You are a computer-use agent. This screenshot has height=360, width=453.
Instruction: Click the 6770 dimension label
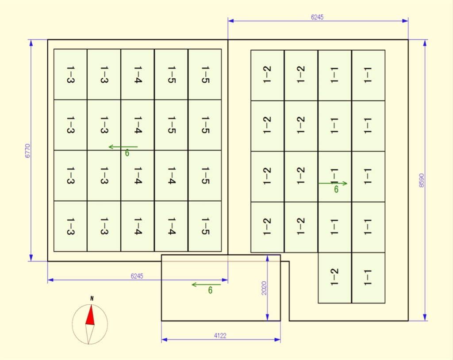[27, 150]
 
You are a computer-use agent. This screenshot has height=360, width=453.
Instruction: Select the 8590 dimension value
[421, 180]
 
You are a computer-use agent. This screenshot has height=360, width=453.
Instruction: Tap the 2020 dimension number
[264, 288]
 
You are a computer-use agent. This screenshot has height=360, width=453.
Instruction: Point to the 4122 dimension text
[220, 336]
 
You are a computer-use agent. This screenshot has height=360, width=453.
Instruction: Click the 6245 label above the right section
[317, 17]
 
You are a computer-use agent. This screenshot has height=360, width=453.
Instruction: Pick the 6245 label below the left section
[137, 276]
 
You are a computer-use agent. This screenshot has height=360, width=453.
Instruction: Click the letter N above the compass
[92, 299]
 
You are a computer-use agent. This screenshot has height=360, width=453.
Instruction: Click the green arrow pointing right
[333, 183]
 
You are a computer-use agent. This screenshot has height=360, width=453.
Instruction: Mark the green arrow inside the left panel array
[123, 147]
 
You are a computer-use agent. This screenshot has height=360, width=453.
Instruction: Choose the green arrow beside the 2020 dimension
[206, 284]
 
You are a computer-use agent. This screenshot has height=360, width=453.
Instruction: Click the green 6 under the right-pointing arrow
[336, 190]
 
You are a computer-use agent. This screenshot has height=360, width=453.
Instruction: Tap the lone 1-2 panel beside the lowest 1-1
[334, 278]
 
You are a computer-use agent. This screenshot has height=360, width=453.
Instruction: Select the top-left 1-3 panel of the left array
[70, 74]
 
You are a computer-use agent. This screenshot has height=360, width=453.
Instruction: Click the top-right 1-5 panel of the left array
[205, 74]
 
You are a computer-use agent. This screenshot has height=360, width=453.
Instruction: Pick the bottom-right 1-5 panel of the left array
[205, 226]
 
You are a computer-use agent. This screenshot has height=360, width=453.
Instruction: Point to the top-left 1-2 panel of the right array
[267, 75]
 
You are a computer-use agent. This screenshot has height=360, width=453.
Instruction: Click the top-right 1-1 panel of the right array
[368, 75]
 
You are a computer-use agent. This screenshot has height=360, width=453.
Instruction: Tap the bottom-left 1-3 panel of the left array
[70, 226]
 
